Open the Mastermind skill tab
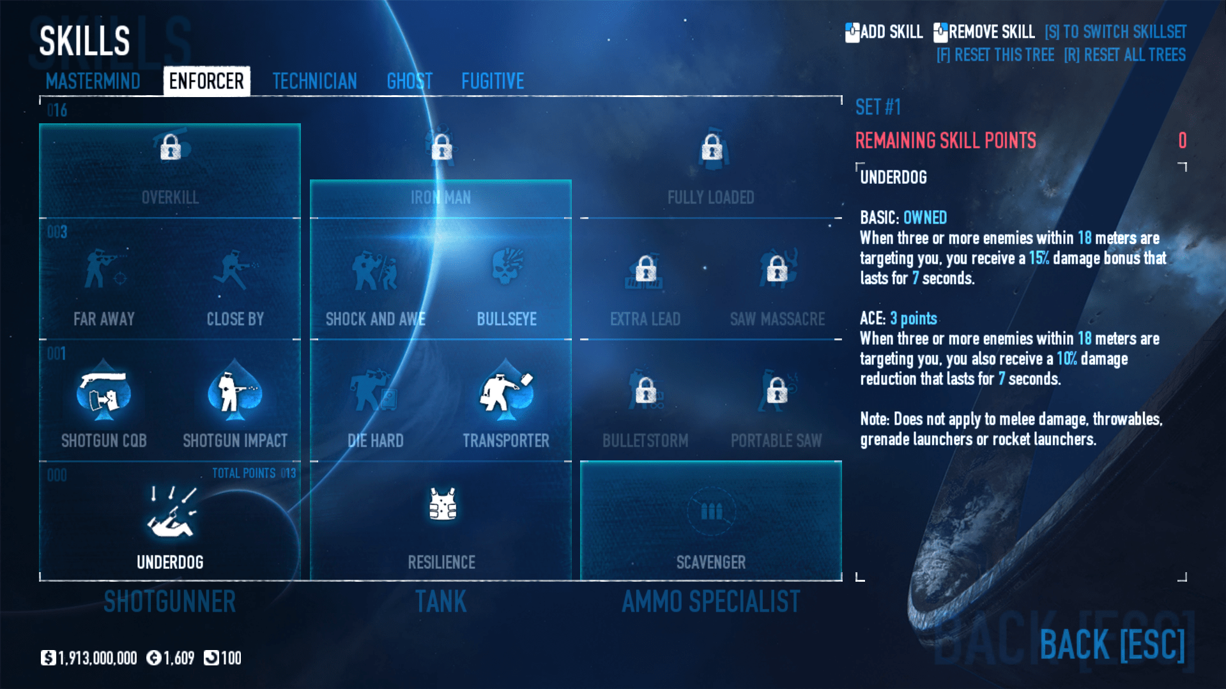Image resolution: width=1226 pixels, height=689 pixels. point(93,81)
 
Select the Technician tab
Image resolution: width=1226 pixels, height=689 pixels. point(314,81)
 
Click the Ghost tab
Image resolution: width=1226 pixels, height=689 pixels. point(410,81)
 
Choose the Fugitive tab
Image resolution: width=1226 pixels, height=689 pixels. point(493,81)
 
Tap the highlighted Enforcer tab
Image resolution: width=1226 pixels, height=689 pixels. point(206,81)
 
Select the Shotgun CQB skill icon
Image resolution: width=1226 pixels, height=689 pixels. point(103,391)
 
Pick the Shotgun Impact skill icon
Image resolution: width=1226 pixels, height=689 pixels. point(234,391)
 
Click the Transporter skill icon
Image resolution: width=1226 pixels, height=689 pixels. point(505,391)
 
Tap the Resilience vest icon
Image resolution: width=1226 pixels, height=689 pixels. point(442,504)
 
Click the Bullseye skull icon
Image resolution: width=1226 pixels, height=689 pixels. point(507,268)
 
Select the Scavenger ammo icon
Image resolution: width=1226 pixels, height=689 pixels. point(711,511)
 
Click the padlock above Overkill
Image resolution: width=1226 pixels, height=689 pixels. point(171,148)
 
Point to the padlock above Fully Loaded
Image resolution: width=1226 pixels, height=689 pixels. point(712,148)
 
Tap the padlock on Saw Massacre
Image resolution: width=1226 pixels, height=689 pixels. point(777,269)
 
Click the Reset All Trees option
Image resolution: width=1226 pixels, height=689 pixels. point(1124,55)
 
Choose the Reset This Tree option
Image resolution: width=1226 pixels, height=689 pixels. point(995,55)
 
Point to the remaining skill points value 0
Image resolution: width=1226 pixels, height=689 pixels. point(1182,140)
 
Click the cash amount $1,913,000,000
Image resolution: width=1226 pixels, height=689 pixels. point(89,658)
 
